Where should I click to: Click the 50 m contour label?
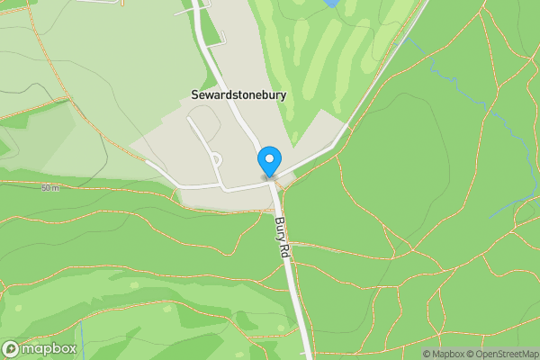coord(49,187)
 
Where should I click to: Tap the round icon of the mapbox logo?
coord(12,348)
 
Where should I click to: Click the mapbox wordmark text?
coord(49,348)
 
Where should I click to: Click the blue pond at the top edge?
coord(330,4)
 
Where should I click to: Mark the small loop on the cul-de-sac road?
coord(216,159)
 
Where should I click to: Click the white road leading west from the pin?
coord(207,187)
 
